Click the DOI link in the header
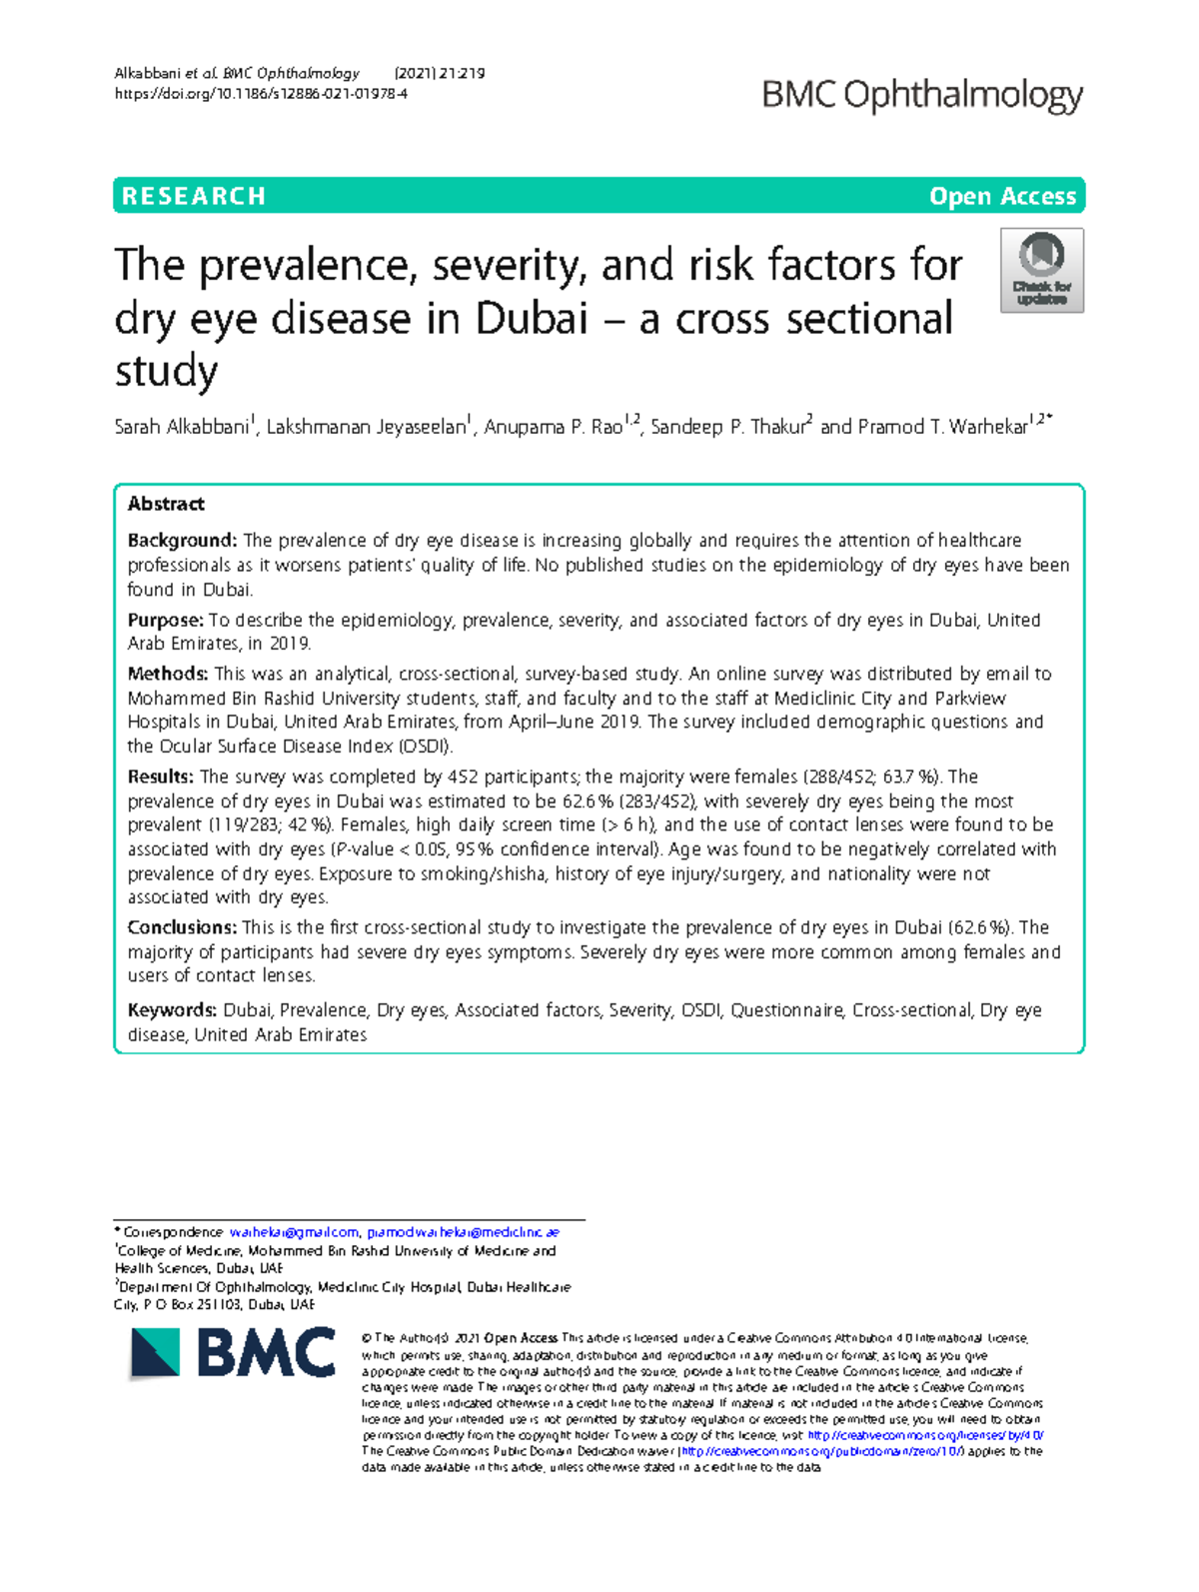coord(261,94)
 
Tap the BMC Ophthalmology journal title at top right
coord(922,95)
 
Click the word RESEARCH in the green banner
coord(194,196)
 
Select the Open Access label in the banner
coord(1002,196)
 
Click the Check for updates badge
coord(1042,271)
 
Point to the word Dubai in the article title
coord(532,319)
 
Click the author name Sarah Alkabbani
coord(182,428)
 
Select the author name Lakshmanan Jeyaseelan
coord(366,428)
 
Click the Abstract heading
coord(166,504)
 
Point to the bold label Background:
coord(182,541)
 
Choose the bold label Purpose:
coord(165,621)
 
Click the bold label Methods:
coord(168,675)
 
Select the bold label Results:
coord(161,777)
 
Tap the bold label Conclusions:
coord(182,927)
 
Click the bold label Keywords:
coord(172,1010)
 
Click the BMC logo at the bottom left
coord(234,1354)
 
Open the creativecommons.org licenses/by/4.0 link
coord(925,1435)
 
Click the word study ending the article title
coord(166,372)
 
